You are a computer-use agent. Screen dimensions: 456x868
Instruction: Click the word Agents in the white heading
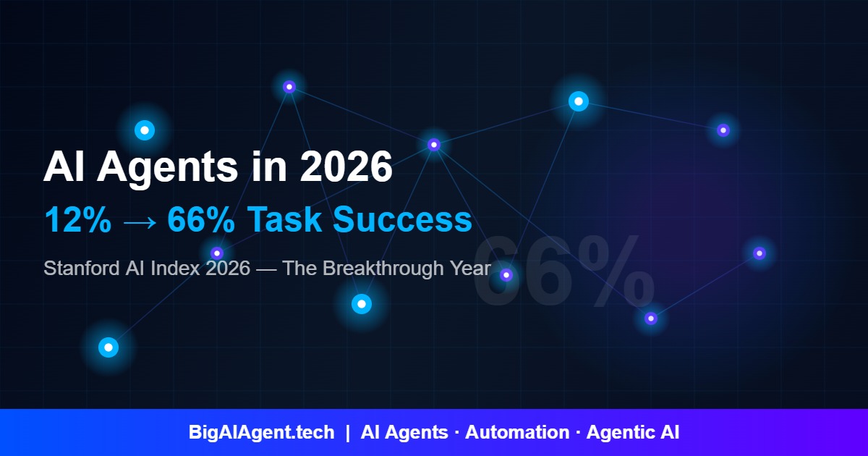tap(166, 167)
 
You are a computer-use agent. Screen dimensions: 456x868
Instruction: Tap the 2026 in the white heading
tap(346, 167)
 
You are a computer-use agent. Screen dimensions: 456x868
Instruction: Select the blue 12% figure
tap(77, 219)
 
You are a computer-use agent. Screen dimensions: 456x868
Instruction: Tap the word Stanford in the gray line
tap(78, 269)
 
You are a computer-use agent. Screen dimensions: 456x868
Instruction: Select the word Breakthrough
tap(383, 269)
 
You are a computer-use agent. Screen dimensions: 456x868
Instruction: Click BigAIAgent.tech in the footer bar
tap(262, 433)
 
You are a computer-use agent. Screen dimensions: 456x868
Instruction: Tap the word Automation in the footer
tap(517, 433)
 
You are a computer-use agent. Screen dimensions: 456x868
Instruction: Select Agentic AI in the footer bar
tap(632, 433)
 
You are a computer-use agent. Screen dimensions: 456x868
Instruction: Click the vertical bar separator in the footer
tap(348, 433)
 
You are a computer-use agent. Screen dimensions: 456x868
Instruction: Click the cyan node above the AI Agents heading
tap(145, 130)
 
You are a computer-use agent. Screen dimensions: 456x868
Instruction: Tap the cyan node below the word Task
tap(362, 304)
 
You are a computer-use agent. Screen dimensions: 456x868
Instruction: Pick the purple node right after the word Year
tap(506, 275)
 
